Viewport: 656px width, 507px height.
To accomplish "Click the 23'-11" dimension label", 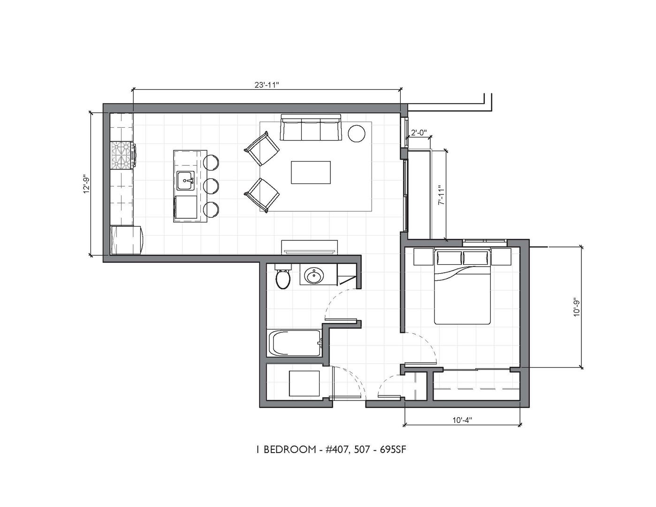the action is (266, 85).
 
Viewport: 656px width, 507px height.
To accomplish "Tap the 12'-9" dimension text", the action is (87, 184).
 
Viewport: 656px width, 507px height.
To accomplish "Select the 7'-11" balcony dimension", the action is (442, 195).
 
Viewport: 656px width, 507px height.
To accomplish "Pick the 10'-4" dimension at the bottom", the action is (462, 420).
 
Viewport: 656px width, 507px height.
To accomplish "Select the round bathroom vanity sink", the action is (314, 276).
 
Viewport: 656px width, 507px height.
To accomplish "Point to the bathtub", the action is (297, 343).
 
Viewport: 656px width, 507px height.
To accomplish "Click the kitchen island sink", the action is (185, 181).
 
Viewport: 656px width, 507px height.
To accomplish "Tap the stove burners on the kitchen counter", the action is (123, 155).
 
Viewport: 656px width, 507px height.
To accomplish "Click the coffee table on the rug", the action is (311, 172).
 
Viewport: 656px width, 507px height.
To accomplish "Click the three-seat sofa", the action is (310, 127).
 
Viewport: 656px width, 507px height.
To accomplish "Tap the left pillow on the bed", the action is (449, 258).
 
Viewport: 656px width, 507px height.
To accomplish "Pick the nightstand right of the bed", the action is (501, 256).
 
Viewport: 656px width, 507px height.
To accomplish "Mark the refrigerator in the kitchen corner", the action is (127, 240).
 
